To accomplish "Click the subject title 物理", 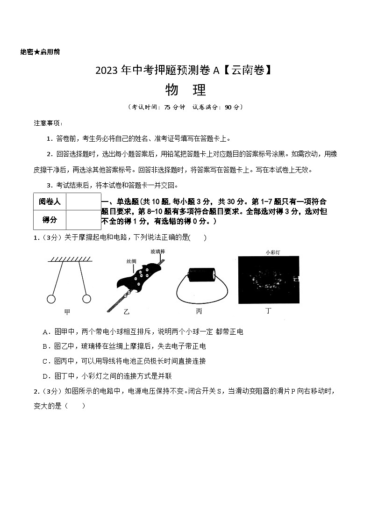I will (x=185, y=89).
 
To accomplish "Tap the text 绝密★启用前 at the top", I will (x=40, y=52).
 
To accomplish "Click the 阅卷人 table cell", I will (x=50, y=201).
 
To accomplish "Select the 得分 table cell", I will (x=50, y=219).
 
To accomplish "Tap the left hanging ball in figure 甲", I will (x=51, y=298).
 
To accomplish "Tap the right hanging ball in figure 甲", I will (x=86, y=298).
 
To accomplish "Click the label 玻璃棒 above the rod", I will (x=158, y=252).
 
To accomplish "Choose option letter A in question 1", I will (x=45, y=332).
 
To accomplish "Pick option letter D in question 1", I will (x=45, y=376).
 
